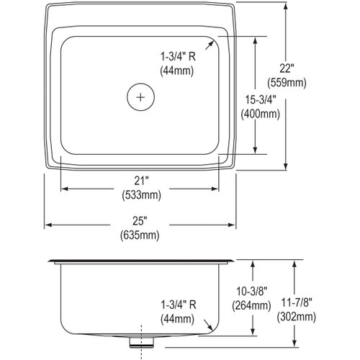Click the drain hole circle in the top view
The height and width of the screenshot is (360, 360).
141,96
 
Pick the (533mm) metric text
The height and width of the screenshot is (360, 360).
140,194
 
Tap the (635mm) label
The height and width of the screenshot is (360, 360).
140,232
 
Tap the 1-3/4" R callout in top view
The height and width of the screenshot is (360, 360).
176,56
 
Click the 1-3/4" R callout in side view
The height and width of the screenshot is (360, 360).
176,305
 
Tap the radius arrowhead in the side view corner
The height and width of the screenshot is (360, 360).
212,327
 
